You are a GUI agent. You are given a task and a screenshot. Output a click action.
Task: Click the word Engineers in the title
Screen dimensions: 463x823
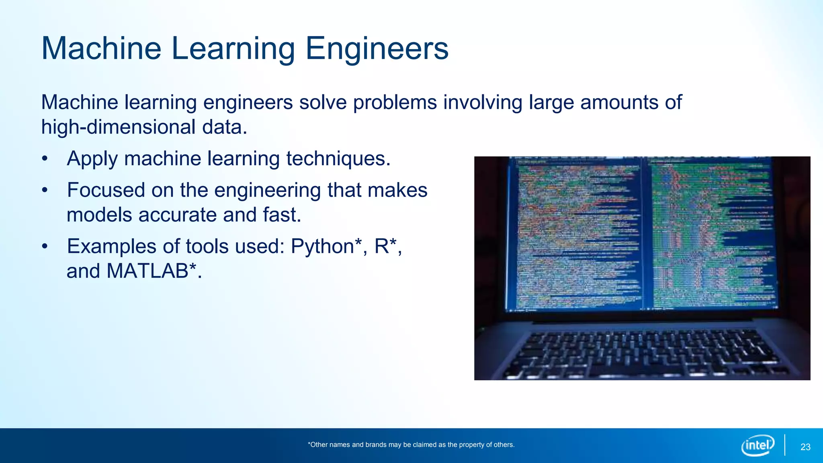(x=377, y=49)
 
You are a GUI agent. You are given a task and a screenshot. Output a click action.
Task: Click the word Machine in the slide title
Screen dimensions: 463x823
(x=101, y=49)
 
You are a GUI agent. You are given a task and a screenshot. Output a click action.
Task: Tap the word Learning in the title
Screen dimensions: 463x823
(x=233, y=49)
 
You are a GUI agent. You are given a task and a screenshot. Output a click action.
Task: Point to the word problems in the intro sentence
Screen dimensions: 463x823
(x=395, y=102)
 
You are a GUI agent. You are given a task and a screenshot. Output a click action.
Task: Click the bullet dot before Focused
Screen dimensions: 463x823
(x=45, y=191)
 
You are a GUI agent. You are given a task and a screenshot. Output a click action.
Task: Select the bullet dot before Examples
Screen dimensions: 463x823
(x=45, y=246)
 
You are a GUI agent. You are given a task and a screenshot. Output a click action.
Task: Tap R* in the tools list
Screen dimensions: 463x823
(x=386, y=246)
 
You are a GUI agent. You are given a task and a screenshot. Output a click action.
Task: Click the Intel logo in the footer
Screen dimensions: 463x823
(x=757, y=445)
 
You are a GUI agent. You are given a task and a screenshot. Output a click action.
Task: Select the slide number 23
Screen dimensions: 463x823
(x=805, y=447)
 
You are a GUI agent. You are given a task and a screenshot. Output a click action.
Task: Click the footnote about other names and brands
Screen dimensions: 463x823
(x=411, y=445)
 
